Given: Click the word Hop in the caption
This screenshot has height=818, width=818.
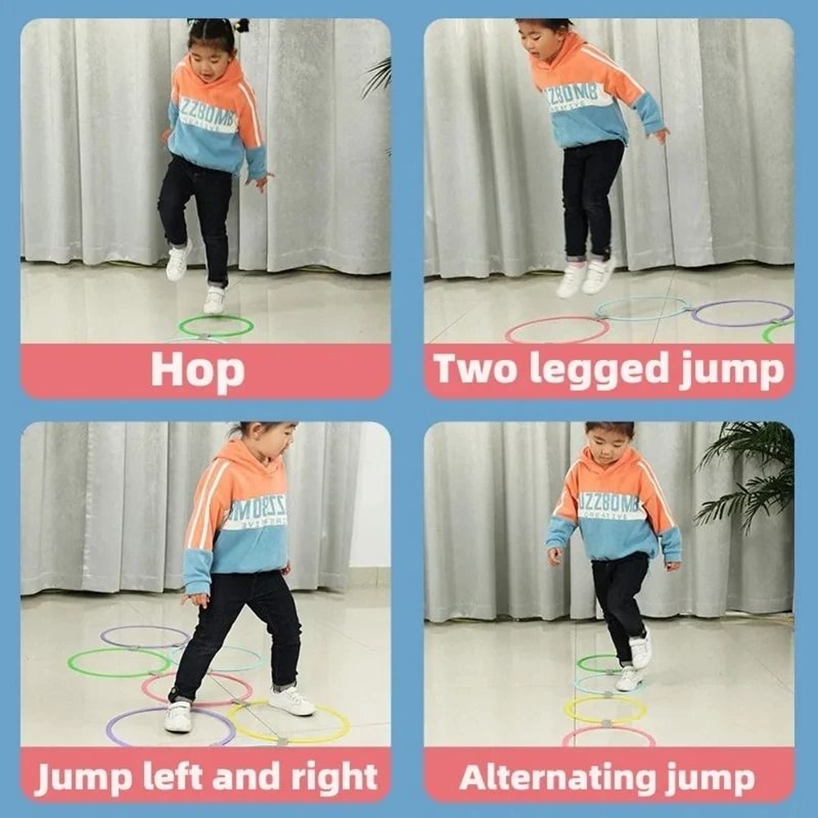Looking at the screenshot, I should pyautogui.click(x=197, y=371).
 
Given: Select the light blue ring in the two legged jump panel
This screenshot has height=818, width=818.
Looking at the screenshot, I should pyautogui.click(x=642, y=299).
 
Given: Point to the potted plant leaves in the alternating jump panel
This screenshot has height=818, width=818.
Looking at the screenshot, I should pyautogui.click(x=748, y=474).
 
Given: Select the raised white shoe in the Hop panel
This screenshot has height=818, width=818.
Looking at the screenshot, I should pyautogui.click(x=178, y=262).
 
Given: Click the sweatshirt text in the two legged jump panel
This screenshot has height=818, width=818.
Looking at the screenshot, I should pyautogui.click(x=578, y=97).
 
